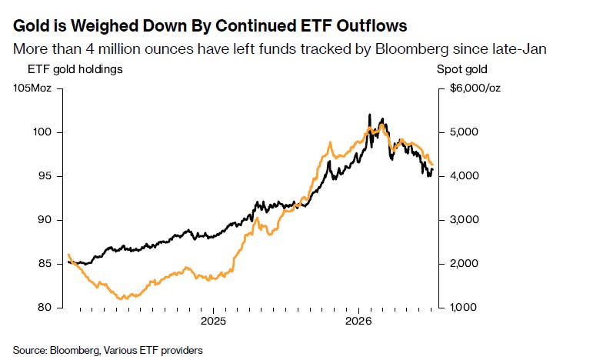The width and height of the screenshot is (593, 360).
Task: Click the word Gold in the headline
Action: (x=32, y=26)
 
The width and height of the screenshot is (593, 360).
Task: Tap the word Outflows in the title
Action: (x=371, y=26)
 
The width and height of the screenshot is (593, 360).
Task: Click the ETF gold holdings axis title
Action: (x=75, y=69)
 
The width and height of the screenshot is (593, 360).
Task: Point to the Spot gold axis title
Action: (x=461, y=69)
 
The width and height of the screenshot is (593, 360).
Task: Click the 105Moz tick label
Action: (x=32, y=88)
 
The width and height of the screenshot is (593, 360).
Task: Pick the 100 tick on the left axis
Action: (x=42, y=132)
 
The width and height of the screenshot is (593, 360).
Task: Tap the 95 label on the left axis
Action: (x=44, y=176)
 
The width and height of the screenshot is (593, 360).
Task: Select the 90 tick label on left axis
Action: (x=44, y=220)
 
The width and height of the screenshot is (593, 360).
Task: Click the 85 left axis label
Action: (x=44, y=264)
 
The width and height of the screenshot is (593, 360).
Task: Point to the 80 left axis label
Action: (x=44, y=307)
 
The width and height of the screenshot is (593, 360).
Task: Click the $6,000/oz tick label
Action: (x=475, y=88)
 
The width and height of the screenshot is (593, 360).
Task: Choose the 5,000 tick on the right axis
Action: (x=464, y=132)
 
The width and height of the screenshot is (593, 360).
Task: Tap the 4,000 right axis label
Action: (x=464, y=176)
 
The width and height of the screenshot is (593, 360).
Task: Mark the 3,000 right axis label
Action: (x=464, y=220)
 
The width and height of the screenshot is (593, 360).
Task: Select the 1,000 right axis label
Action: (x=464, y=307)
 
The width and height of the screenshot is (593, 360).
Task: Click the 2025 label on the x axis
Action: (x=213, y=322)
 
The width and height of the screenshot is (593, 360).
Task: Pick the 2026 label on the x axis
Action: (x=358, y=322)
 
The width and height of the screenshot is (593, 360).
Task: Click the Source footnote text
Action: (x=108, y=351)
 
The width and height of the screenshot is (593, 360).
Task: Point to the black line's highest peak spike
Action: (x=369, y=115)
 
